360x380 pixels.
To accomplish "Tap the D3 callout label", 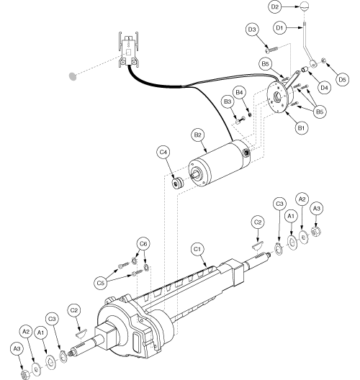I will coord(251,30).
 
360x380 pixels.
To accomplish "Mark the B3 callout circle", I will coord(227,104).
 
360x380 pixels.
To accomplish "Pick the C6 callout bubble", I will coord(144,245).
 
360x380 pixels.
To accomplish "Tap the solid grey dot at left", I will coord(72,75).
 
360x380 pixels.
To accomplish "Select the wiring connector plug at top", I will coord(128,48).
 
